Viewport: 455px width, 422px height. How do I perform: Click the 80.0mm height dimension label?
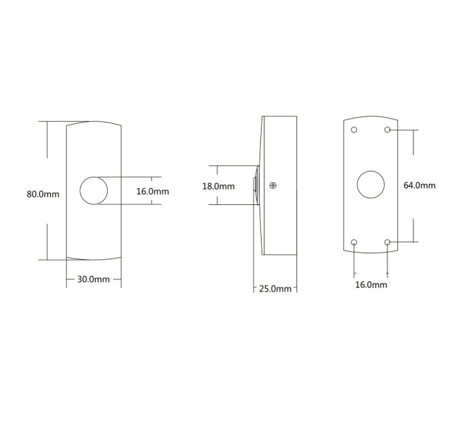tap(43, 194)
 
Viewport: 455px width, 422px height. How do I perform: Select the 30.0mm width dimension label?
tap(94, 279)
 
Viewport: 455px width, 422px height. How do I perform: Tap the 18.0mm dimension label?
tap(219, 186)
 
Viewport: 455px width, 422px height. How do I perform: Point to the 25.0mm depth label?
tap(275, 289)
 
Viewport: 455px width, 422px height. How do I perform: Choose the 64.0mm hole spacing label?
tap(420, 186)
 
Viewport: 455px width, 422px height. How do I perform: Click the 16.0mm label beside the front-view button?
tap(153, 192)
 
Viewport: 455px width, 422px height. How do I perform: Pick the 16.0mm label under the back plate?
tap(371, 285)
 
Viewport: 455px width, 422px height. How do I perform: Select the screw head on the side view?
tap(273, 186)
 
